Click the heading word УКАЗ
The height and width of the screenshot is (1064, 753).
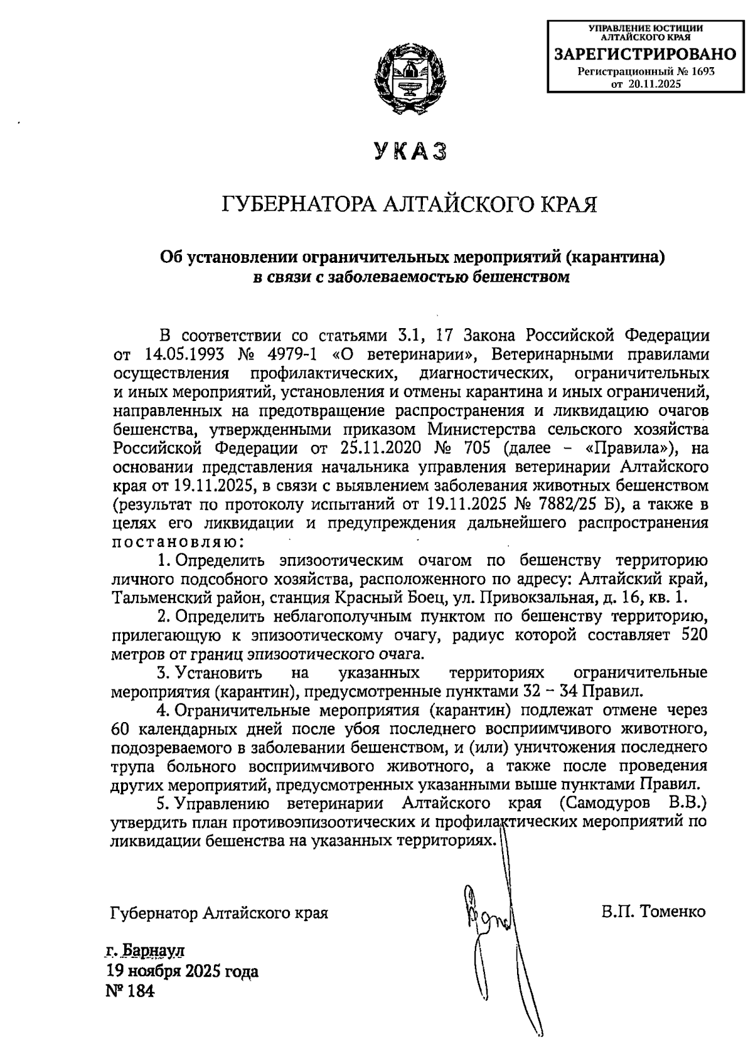pos(411,152)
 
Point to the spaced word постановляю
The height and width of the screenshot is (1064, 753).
pos(174,541)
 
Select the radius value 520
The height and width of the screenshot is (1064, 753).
pos(693,635)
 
